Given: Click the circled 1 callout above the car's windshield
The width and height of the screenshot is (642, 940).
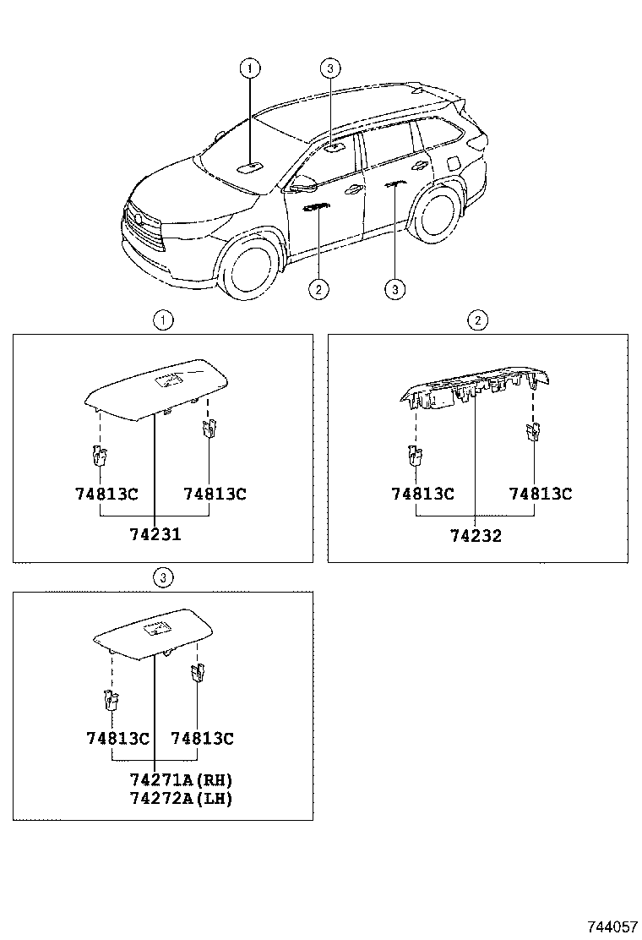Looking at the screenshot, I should pos(250,68).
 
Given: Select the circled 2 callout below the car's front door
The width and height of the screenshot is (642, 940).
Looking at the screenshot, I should pos(318,290).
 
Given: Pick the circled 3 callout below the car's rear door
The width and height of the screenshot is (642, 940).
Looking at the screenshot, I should pos(394,290).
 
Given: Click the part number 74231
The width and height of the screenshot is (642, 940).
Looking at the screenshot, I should pos(155,534).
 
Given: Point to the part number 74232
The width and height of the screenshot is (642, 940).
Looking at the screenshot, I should pos(476,535).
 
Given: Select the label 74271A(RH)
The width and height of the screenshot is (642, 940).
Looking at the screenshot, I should pos(181,779).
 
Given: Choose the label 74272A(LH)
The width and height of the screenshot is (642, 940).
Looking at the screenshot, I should pos(181,797).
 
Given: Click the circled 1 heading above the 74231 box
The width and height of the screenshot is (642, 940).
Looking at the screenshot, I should pos(163,320).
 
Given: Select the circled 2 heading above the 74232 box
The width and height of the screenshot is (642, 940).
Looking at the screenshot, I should pos(477,320).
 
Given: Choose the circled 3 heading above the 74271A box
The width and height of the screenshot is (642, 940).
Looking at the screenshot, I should pos(163,577).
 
